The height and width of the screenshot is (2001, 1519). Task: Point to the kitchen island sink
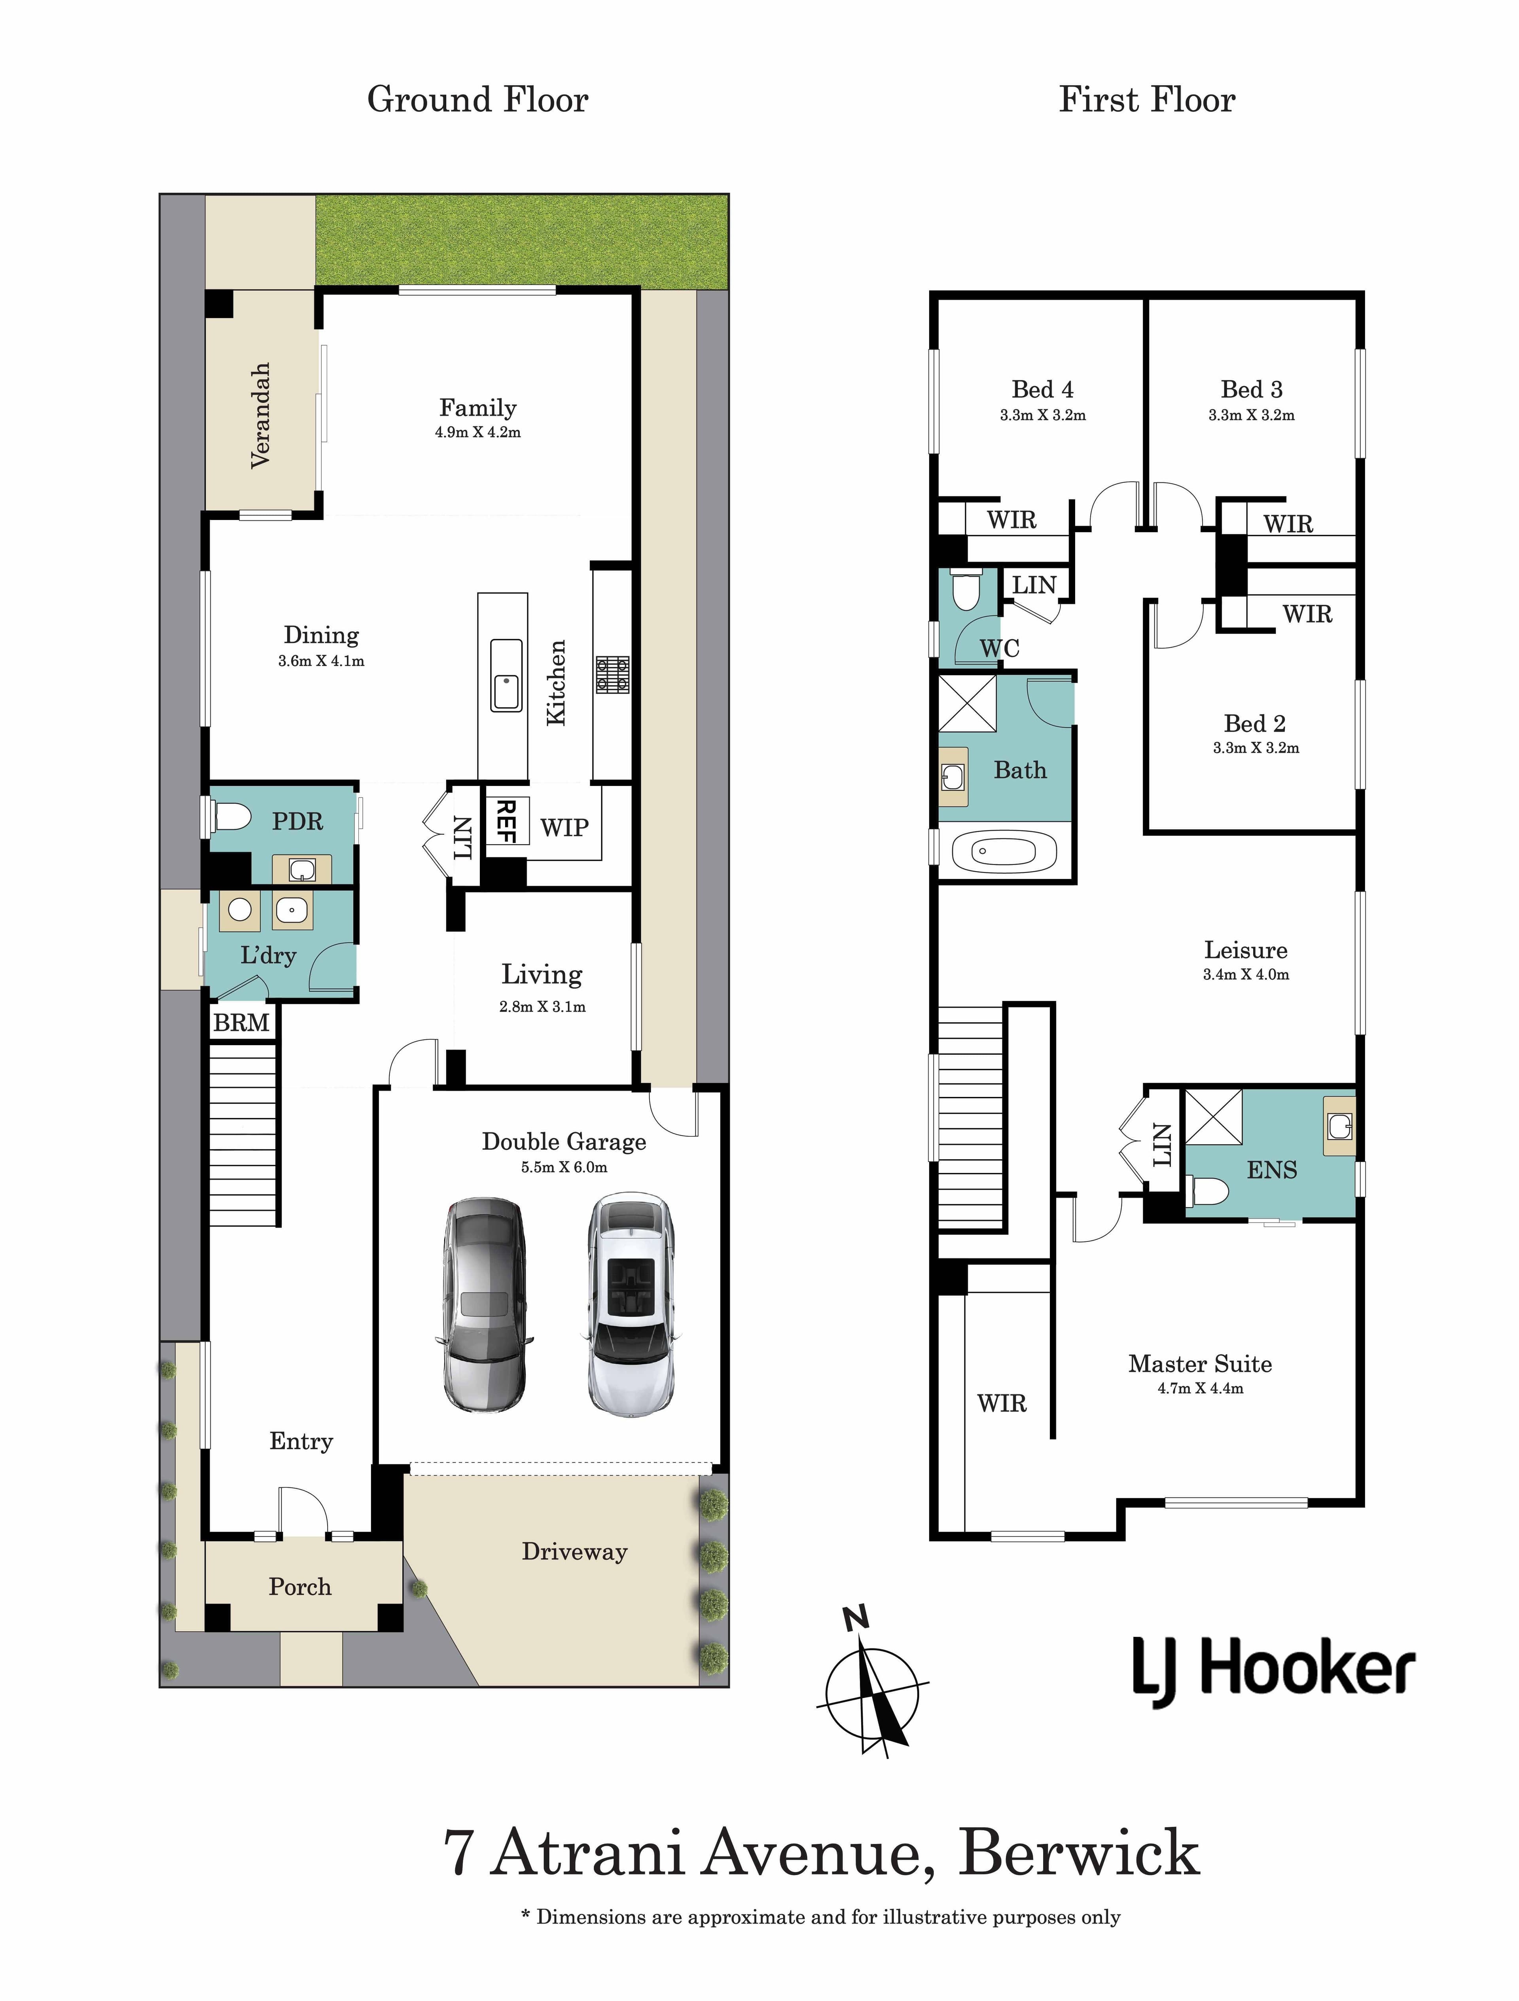(x=506, y=675)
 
